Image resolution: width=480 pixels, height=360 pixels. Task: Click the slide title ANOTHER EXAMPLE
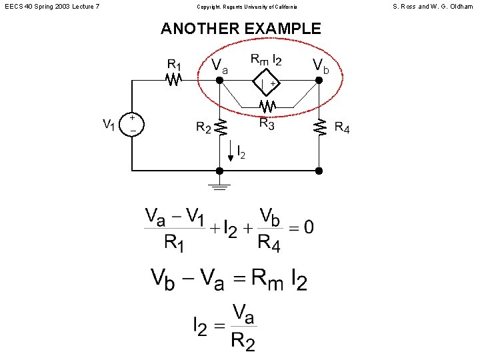click(x=241, y=29)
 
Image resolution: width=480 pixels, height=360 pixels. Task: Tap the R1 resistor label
click(x=173, y=65)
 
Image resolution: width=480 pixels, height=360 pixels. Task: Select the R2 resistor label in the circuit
click(x=203, y=127)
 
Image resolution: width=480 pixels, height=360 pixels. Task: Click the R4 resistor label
click(x=341, y=127)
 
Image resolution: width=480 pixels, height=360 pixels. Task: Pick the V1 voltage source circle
click(x=133, y=124)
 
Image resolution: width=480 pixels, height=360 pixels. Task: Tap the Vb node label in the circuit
click(x=321, y=65)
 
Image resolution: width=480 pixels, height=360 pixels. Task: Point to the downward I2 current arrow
click(x=231, y=151)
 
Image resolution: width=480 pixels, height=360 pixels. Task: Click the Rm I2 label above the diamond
click(x=266, y=60)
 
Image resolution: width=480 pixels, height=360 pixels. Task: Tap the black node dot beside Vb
click(x=319, y=80)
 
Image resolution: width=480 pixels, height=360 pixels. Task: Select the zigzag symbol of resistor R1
click(x=174, y=80)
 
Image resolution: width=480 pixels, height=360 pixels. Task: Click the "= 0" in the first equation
click(x=301, y=227)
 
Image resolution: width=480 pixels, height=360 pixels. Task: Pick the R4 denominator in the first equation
click(x=269, y=244)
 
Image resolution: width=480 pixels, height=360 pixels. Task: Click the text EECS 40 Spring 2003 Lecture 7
click(x=51, y=7)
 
